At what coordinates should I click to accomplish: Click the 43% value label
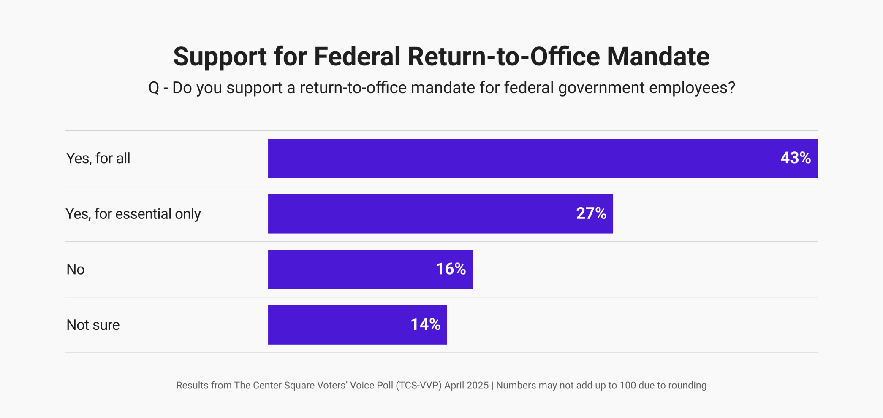[x=795, y=158]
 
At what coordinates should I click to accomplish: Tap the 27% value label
[x=591, y=214]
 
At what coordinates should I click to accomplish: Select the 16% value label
[x=451, y=269]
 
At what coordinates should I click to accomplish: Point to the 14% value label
[x=425, y=325]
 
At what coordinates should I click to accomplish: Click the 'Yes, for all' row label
[x=98, y=159]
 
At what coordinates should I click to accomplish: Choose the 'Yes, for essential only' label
[x=133, y=214]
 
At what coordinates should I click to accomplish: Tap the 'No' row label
[x=76, y=270]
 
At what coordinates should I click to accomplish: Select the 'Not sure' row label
[x=93, y=325]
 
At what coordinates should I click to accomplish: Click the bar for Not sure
[x=338, y=325]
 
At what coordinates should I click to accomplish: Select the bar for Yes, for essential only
[x=422, y=214]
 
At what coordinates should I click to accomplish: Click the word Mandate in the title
[x=658, y=57]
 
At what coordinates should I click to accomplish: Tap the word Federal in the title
[x=357, y=57]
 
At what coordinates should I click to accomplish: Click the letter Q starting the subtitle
[x=154, y=88]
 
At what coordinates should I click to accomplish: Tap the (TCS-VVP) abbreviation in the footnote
[x=419, y=386]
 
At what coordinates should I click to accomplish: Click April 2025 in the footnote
[x=466, y=386]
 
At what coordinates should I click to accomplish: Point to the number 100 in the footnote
[x=628, y=386]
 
